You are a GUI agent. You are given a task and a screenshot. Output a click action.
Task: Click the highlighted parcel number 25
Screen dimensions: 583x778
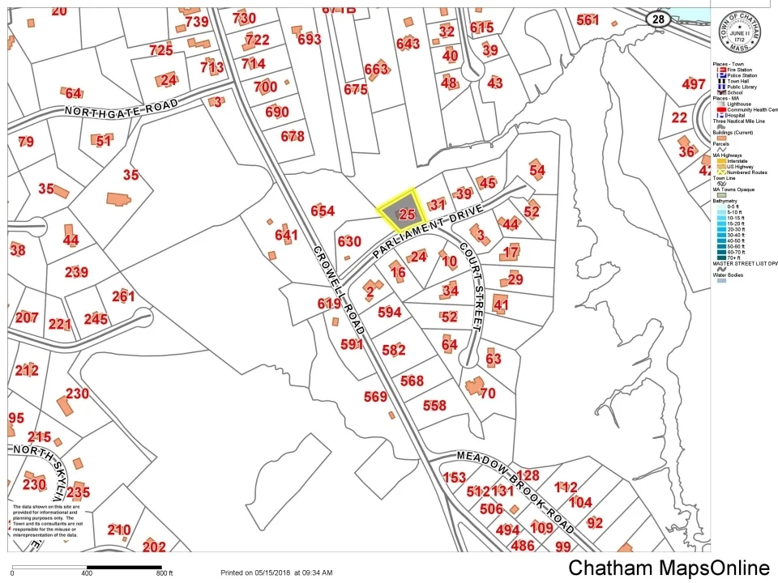tap(407, 215)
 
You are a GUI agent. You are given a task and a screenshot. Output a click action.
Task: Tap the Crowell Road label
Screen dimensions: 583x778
tap(333, 285)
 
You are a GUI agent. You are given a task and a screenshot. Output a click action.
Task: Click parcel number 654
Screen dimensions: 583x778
tap(323, 211)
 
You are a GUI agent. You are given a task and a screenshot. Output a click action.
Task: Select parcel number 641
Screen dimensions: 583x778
tap(287, 236)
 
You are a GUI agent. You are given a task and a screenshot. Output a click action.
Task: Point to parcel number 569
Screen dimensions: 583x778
tap(375, 397)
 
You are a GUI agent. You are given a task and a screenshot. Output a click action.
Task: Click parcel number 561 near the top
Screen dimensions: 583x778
tap(588, 19)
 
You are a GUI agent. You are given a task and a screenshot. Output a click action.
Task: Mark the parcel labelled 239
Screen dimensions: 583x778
tap(76, 272)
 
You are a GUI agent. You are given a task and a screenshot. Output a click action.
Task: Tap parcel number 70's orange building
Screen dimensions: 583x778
tap(474, 385)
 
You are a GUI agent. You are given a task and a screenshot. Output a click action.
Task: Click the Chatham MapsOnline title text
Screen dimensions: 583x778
tap(669, 568)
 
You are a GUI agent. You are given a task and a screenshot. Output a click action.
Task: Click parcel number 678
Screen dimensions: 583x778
tap(293, 136)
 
